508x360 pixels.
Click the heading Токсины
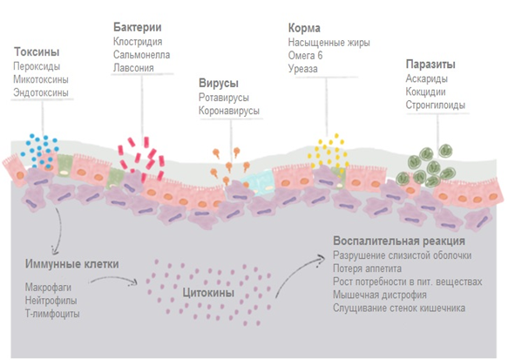pyautogui.click(x=37, y=51)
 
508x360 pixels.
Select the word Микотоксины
pyautogui.click(x=41, y=79)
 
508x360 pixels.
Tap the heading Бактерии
pyautogui.click(x=138, y=27)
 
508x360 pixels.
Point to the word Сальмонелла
pyautogui.click(x=141, y=55)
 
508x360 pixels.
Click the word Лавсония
pyautogui.click(x=133, y=68)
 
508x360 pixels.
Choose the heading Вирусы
pyautogui.click(x=219, y=84)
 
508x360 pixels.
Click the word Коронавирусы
pyautogui.click(x=229, y=111)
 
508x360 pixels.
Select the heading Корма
pyautogui.click(x=304, y=28)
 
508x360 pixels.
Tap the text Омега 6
pyautogui.click(x=305, y=56)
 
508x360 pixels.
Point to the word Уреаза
pyautogui.click(x=303, y=69)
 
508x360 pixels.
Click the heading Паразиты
pyautogui.click(x=430, y=65)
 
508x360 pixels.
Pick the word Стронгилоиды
pyautogui.click(x=436, y=105)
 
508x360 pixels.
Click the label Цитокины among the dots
pyautogui.click(x=208, y=293)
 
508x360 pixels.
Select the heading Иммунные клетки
pyautogui.click(x=72, y=264)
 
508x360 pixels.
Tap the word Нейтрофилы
pyautogui.click(x=51, y=301)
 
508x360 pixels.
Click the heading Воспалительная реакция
pyautogui.click(x=399, y=241)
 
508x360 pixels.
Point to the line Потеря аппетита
pyautogui.click(x=367, y=268)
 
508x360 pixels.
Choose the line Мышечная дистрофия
pyautogui.click(x=380, y=295)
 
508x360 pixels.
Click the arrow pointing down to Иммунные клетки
pyautogui.click(x=60, y=231)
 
